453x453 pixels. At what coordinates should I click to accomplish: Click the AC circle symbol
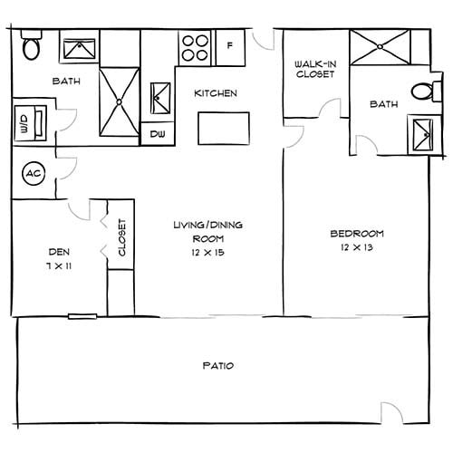pos(33,173)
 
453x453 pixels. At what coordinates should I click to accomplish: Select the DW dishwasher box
pos(159,133)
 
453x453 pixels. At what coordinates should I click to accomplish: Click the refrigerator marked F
pos(229,46)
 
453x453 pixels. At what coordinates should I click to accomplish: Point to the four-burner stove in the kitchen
pos(194,46)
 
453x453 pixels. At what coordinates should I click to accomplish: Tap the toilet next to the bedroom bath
pos(421,92)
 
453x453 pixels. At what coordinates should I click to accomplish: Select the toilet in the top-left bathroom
pos(31,44)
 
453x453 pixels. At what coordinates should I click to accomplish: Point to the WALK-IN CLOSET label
pos(315,69)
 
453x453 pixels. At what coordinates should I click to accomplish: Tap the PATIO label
pos(217,366)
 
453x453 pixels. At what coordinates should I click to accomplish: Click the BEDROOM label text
pos(356,233)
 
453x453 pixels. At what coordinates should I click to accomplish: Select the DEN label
pos(59,251)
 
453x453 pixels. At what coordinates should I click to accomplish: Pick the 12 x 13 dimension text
pos(356,247)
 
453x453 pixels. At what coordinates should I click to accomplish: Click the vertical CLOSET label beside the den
pos(121,238)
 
